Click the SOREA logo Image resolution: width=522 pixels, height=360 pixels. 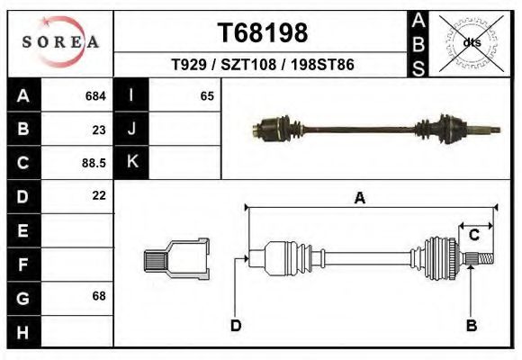pos(60,41)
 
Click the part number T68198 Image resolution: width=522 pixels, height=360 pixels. pos(263,32)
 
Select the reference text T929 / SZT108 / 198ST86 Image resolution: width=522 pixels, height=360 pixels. pos(262,66)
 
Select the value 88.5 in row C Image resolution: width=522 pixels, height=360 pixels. pos(94,163)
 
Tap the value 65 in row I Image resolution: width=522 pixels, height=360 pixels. pos(207,95)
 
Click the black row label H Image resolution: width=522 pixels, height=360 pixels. pos(23,331)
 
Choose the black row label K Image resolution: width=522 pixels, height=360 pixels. pos(132,163)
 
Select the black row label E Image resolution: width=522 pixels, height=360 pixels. pos(23,230)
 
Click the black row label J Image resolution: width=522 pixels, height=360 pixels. pos(132,130)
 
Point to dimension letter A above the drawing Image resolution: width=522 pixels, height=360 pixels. pos(359,199)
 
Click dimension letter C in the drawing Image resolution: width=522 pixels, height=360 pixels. pos(473,235)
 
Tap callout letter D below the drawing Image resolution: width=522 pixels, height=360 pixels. pos(235,325)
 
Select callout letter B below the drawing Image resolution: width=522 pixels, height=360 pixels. pos(471,325)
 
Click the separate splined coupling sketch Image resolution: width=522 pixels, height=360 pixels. pos(176,259)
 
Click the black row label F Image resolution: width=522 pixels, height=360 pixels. pos(23,265)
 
